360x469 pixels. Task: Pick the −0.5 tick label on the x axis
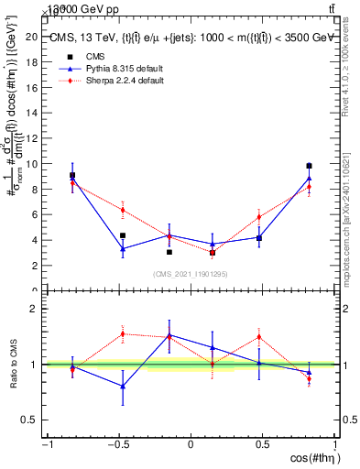pyautogui.click(x=118, y=445)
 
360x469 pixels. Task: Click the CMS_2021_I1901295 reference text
pyautogui.click(x=191, y=274)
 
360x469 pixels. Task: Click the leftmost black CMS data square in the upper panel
pyautogui.click(x=72, y=175)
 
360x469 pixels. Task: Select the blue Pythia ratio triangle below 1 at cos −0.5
pyautogui.click(x=122, y=386)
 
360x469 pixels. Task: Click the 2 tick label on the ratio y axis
pyautogui.click(x=33, y=309)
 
